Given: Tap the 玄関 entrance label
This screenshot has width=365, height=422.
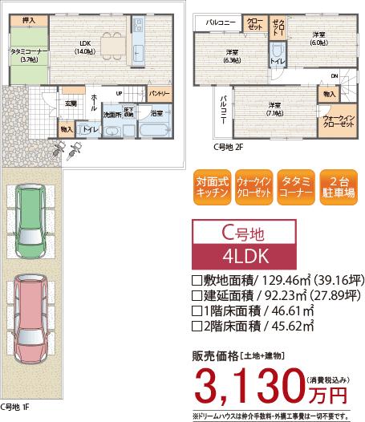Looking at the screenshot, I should tap(70, 103).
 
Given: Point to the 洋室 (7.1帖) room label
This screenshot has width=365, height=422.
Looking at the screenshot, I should tap(274, 108).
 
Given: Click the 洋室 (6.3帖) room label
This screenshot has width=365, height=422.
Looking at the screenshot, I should tap(233, 56).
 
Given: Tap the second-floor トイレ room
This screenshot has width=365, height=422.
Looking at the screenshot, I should tap(275, 60).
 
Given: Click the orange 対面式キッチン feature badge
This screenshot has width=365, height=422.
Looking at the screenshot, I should tap(213, 187).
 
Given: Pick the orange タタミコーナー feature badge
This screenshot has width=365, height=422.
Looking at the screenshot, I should tap(294, 187).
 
